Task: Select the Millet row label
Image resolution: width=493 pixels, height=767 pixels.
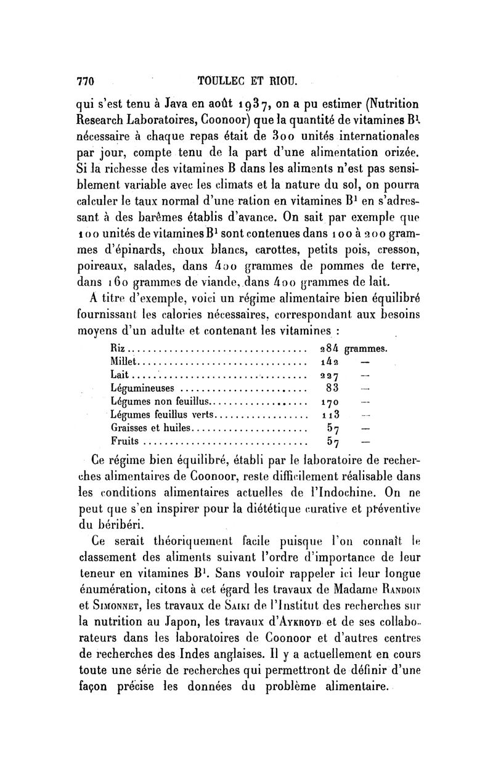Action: [126, 362]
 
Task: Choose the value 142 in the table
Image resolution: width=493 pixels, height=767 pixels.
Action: [324, 362]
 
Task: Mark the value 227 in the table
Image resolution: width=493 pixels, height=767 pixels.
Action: [324, 375]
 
